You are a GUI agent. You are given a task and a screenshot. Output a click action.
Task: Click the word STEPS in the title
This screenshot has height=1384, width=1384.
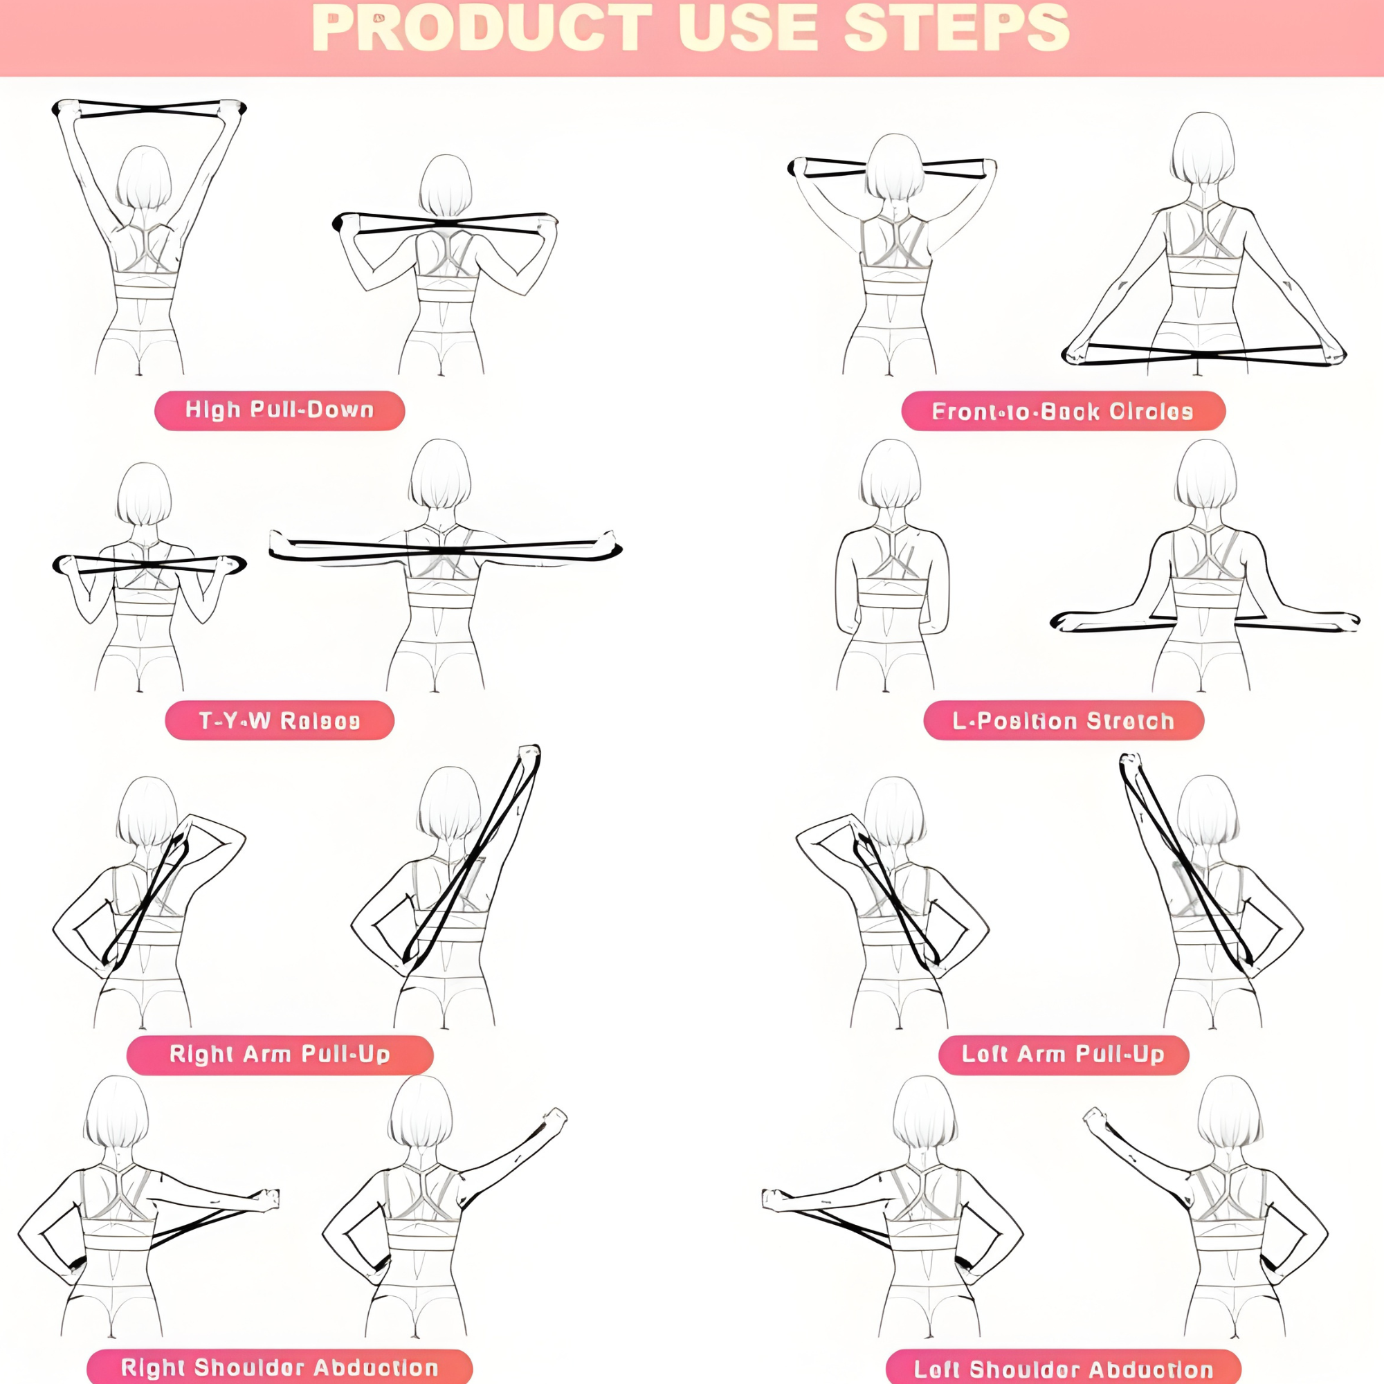pos(956,28)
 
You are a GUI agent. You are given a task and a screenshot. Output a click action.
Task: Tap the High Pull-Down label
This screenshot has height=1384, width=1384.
pos(280,410)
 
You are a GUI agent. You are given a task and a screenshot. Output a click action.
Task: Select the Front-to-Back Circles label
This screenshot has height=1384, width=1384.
pos(1063,411)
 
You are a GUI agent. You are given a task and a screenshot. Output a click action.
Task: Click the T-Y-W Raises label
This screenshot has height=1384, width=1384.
pos(280,720)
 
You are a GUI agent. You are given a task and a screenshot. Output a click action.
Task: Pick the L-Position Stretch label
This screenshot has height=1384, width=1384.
pos(1063,720)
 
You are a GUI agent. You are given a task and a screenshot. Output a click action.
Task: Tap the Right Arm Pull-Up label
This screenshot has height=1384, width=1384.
pos(280,1055)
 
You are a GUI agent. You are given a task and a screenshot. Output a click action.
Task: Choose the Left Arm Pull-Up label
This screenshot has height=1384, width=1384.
pos(1063,1055)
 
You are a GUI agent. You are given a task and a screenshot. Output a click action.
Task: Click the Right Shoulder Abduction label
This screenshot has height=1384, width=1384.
pos(280,1367)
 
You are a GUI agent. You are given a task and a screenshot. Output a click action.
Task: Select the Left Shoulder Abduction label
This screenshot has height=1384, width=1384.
pos(1063,1368)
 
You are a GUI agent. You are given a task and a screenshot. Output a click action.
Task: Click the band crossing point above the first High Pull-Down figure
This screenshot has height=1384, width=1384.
pos(149,109)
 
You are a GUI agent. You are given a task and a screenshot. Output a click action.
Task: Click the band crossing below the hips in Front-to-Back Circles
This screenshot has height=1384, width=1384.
pos(1205,354)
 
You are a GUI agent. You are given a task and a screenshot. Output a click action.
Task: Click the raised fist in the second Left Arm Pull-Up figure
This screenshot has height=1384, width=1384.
pos(1130,761)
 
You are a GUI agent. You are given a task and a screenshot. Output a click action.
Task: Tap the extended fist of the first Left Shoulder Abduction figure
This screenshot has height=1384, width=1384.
pos(772,1199)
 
